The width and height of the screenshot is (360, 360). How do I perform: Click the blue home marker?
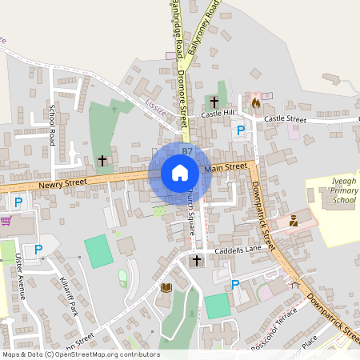tap(180, 172)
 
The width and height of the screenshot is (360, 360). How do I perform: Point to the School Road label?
tap(53, 124)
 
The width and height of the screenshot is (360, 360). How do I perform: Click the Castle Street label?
tap(285, 118)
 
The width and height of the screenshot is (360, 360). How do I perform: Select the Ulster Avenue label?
tap(19, 276)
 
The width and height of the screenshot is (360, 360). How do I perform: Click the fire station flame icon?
tap(256, 102)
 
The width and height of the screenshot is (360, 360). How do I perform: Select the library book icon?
tap(166, 287)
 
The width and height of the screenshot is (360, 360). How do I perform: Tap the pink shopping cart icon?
tap(6, 221)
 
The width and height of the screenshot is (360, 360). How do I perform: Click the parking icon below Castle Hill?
tap(239, 130)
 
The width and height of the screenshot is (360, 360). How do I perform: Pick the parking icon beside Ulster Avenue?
tap(38, 250)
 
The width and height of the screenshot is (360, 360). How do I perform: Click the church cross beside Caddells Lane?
tap(197, 261)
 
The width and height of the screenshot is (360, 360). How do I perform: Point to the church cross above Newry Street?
tap(102, 161)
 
